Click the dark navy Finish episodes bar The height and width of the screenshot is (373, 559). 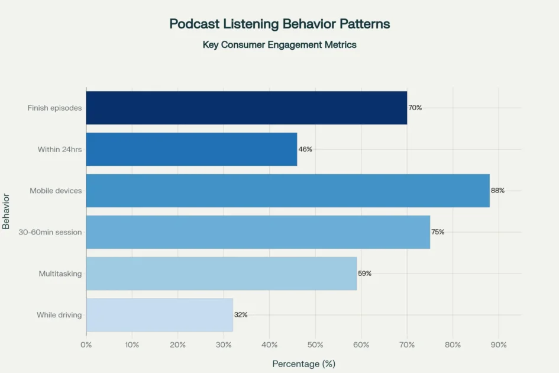(x=247, y=108)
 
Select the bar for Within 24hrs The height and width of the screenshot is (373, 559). (x=192, y=149)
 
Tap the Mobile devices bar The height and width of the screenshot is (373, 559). (x=287, y=191)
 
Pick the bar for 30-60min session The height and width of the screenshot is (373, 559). (x=258, y=232)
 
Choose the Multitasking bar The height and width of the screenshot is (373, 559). (x=221, y=274)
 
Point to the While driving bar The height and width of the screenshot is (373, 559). (x=160, y=315)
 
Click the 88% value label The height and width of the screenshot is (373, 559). (x=497, y=191)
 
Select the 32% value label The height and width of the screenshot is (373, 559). (x=240, y=315)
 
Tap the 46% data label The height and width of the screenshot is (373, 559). (x=305, y=149)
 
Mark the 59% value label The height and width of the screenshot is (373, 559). (x=364, y=274)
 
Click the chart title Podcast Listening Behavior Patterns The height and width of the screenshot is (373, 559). (x=279, y=24)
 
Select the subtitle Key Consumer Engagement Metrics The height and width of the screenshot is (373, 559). (x=279, y=44)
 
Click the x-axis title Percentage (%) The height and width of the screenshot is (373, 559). (x=303, y=364)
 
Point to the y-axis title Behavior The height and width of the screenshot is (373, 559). (x=7, y=211)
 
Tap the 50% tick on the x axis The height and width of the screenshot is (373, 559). (x=315, y=344)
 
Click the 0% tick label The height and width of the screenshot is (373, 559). (x=86, y=344)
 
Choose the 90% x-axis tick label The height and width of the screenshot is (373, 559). (x=499, y=344)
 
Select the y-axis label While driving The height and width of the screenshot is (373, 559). (x=59, y=315)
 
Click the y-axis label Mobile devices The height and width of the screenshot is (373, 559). (x=56, y=191)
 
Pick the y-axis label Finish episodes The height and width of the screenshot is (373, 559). (x=54, y=108)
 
